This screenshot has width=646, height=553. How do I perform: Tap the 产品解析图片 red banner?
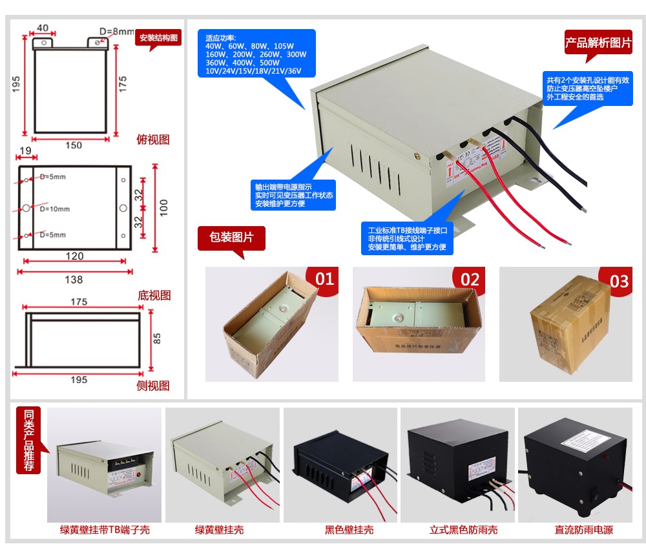point(598,43)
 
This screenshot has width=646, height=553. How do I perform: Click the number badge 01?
point(324,280)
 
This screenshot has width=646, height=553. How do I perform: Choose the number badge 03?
point(618,281)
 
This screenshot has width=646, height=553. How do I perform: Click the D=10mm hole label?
point(54,209)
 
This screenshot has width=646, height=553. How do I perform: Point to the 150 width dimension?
point(74,145)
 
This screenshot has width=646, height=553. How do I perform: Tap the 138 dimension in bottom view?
point(74,280)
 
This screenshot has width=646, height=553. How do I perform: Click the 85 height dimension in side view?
point(157,338)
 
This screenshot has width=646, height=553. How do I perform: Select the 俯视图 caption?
point(153,140)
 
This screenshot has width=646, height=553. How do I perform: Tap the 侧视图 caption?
point(154,386)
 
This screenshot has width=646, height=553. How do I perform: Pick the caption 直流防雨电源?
point(583,530)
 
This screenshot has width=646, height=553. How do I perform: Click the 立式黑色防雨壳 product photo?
point(457,464)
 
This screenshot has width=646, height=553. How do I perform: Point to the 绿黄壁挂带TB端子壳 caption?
point(104,530)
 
